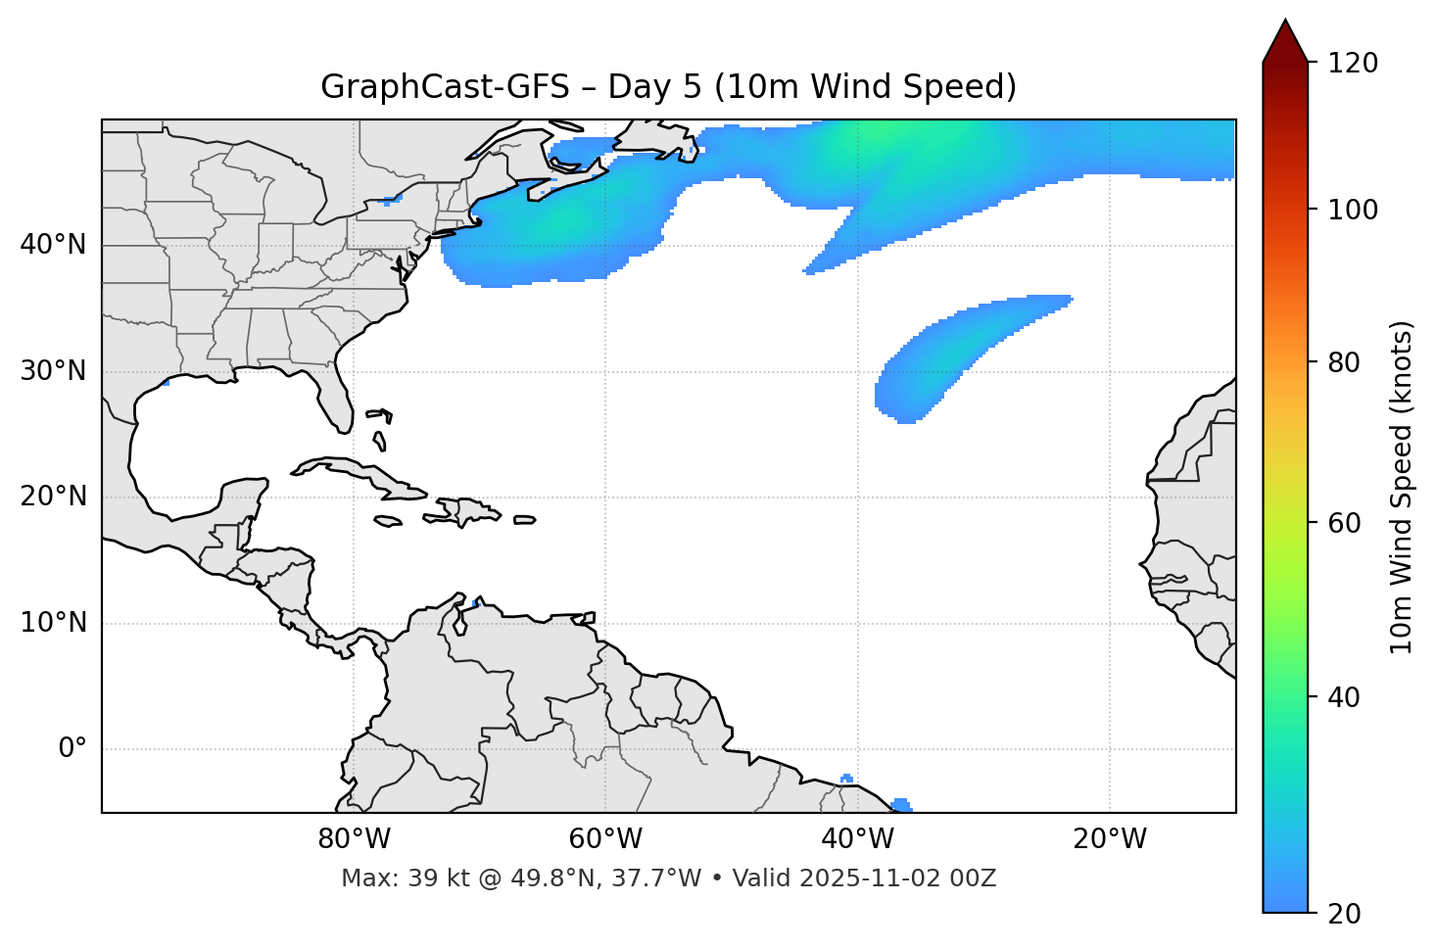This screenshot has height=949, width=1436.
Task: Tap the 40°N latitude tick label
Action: coord(53,245)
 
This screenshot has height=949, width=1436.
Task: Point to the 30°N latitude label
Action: coord(53,371)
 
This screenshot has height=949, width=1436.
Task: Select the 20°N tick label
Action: coord(53,497)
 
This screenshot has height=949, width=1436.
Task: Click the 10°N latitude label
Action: coord(53,623)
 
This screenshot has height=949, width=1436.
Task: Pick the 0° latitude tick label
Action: coord(72,749)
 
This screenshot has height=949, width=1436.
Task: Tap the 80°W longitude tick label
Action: coord(354,839)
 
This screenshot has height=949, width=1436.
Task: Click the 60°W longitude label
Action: coord(605,839)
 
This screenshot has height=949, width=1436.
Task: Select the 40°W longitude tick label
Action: coord(857,839)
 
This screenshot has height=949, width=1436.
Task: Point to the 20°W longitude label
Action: coord(1109,839)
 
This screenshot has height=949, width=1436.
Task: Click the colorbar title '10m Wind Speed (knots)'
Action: coord(1402,487)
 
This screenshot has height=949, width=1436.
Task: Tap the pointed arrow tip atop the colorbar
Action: coord(1285,24)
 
